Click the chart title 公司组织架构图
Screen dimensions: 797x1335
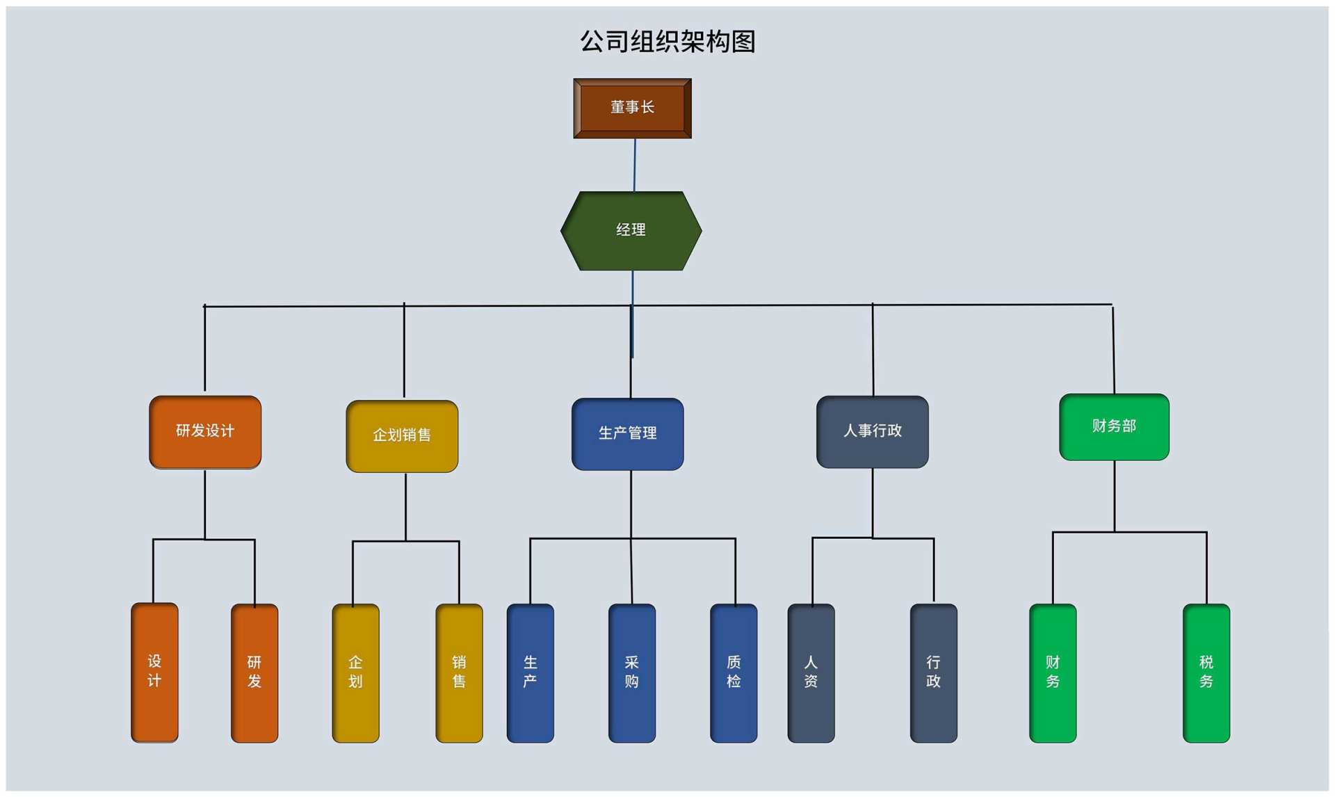pyautogui.click(x=667, y=42)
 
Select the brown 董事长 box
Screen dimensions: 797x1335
pyautogui.click(x=632, y=108)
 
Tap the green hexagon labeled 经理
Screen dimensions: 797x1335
pyautogui.click(x=631, y=230)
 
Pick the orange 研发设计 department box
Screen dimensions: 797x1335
pyautogui.click(x=205, y=432)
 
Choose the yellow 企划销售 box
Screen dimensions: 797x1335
pyautogui.click(x=402, y=436)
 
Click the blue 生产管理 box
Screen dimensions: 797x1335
pyautogui.click(x=627, y=434)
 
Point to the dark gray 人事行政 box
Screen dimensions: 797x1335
pyautogui.click(x=872, y=432)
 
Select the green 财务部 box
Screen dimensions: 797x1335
pyautogui.click(x=1114, y=426)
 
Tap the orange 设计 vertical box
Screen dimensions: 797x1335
pyautogui.click(x=154, y=672)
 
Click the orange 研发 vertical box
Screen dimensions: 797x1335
pyautogui.click(x=254, y=672)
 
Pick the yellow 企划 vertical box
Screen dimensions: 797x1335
pyautogui.click(x=355, y=672)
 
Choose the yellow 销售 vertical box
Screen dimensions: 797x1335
pyautogui.click(x=459, y=672)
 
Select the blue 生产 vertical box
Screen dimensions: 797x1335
pyautogui.click(x=530, y=672)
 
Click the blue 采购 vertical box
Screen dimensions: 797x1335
pyautogui.click(x=631, y=672)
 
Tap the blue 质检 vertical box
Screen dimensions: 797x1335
pyautogui.click(x=734, y=672)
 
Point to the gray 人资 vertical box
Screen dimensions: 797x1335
pyautogui.click(x=811, y=672)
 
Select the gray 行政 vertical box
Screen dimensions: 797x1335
pyautogui.click(x=933, y=672)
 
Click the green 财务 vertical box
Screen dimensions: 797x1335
pyautogui.click(x=1053, y=672)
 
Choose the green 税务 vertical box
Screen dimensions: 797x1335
pyautogui.click(x=1206, y=672)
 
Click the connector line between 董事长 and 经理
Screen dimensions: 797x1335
pyautogui.click(x=634, y=165)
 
